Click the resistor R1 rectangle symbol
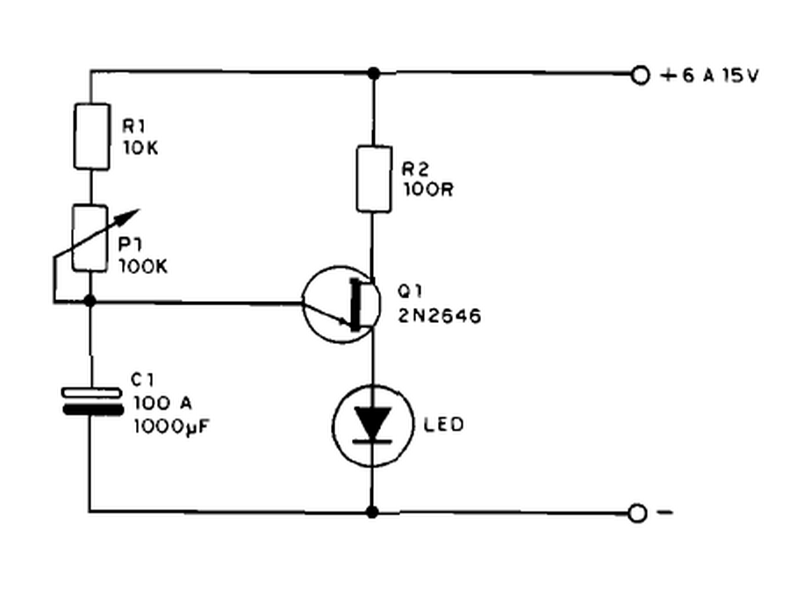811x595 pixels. (91, 137)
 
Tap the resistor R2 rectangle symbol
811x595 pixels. (373, 180)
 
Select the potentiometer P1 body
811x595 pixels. (90, 238)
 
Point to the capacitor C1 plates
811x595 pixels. (91, 402)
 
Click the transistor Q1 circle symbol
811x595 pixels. (339, 305)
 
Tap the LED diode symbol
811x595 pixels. (373, 426)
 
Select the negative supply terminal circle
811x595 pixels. (640, 513)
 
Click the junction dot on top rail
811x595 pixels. (373, 72)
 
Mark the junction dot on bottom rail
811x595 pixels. (373, 512)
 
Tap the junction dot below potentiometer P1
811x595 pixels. (90, 302)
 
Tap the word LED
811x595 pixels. (442, 426)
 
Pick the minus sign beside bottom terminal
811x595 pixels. (664, 513)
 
